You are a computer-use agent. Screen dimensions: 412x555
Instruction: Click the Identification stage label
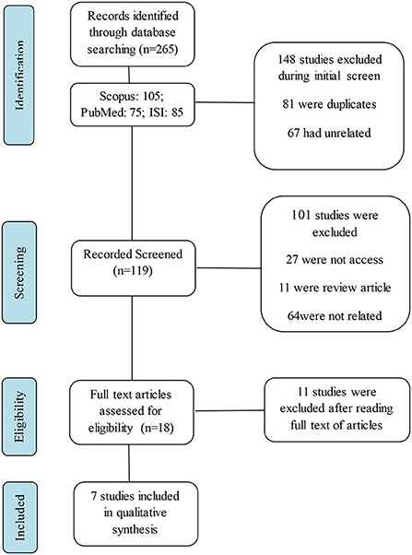tap(19, 75)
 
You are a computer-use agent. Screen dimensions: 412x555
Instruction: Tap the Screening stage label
tap(19, 273)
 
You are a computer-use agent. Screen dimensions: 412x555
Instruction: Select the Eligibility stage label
tap(19, 417)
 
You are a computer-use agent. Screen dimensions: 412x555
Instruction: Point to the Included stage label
tap(19, 517)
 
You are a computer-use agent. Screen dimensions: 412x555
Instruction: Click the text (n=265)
tap(157, 49)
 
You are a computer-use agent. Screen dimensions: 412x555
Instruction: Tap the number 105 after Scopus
tap(152, 96)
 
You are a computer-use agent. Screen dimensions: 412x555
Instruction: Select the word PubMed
tap(97, 112)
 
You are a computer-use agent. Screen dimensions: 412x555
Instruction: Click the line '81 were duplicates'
tap(329, 104)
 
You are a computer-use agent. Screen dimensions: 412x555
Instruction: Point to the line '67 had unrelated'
tap(329, 133)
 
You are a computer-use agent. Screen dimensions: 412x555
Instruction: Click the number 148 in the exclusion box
tap(287, 59)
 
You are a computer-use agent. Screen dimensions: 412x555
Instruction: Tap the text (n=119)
tap(133, 271)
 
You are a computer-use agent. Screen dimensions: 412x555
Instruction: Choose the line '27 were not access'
tap(335, 259)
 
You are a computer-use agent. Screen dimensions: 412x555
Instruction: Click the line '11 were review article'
tap(335, 288)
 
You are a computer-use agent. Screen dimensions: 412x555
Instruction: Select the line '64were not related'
tap(335, 315)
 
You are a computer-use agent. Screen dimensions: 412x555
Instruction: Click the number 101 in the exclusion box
tap(300, 215)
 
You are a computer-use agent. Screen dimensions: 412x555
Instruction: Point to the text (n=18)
tap(157, 428)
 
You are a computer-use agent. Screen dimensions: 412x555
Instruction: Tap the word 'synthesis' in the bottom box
tap(135, 529)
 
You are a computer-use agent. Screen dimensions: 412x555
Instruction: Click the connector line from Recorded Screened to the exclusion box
tap(229, 268)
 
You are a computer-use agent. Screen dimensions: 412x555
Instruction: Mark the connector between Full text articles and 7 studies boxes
tap(129, 463)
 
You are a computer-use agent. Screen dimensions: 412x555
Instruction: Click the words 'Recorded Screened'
tap(133, 254)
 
